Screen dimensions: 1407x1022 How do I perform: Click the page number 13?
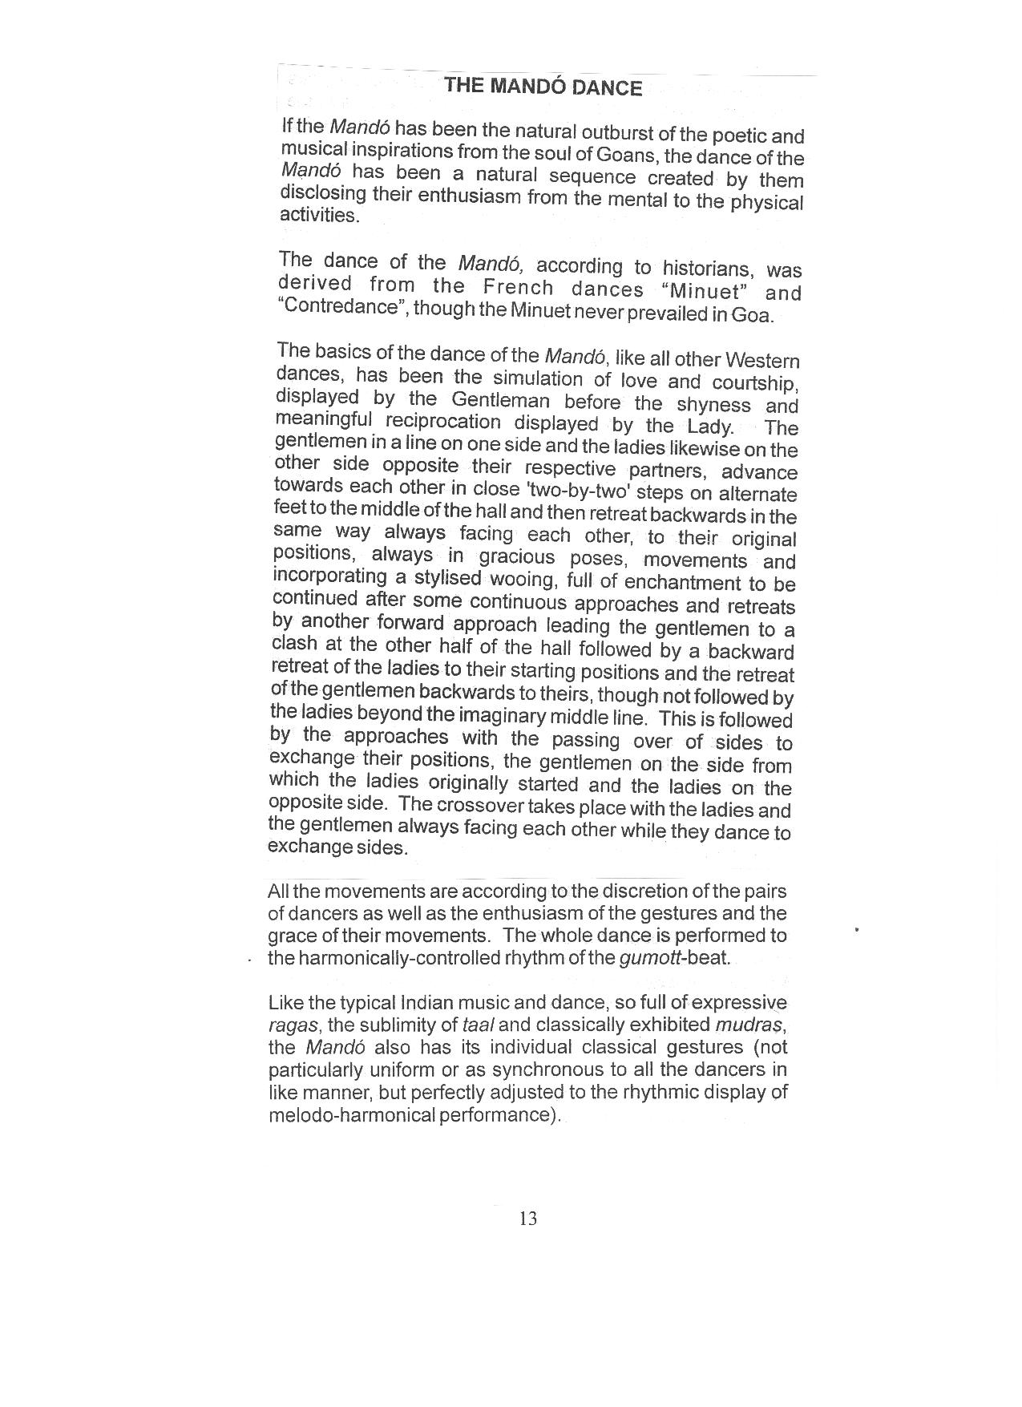[528, 1219]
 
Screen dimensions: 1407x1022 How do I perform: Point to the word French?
[519, 288]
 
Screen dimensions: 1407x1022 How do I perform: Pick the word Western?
[759, 361]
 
